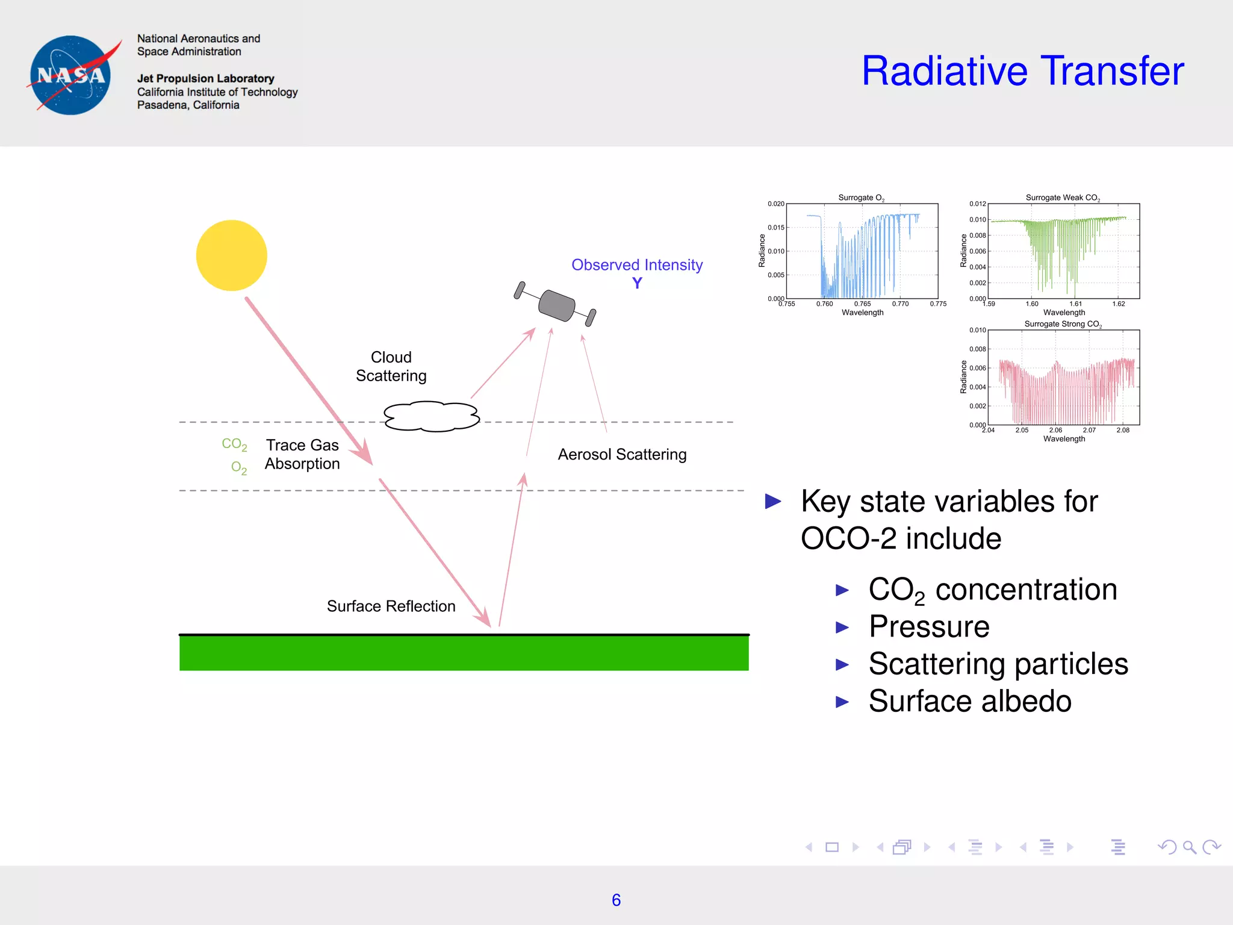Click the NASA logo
(x=71, y=75)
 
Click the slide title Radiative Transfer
(x=1022, y=71)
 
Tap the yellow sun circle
(x=231, y=255)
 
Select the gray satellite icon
(x=556, y=305)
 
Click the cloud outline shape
(x=431, y=416)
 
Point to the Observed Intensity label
(x=636, y=265)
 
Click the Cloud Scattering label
(x=391, y=366)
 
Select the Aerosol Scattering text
(x=621, y=454)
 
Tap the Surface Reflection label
(x=391, y=606)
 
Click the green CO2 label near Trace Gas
(x=234, y=444)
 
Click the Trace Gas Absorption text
(x=302, y=454)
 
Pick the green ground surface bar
(x=464, y=653)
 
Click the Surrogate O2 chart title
(x=861, y=198)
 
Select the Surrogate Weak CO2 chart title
(x=1063, y=198)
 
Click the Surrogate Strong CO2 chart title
(x=1063, y=324)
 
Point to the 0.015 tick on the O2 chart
(x=775, y=228)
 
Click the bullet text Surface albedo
(x=969, y=701)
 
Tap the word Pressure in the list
(x=929, y=626)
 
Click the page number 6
(x=616, y=900)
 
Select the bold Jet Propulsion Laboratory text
(x=205, y=78)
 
